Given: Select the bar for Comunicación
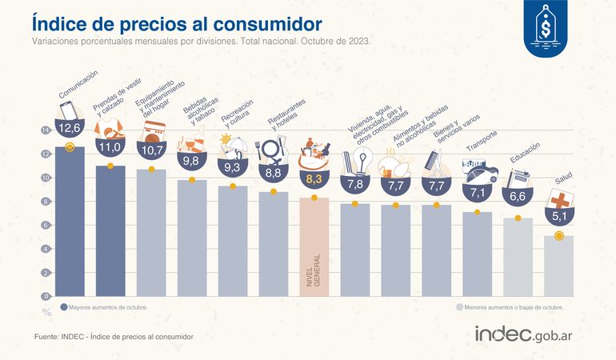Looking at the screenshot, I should pyautogui.click(x=70, y=224).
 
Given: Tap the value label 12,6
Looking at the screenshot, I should pyautogui.click(x=70, y=128).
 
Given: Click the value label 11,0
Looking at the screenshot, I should pyautogui.click(x=110, y=147).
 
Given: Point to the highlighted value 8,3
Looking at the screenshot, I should pyautogui.click(x=314, y=179).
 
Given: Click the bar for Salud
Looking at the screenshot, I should pyautogui.click(x=558, y=266).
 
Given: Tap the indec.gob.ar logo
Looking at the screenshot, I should pyautogui.click(x=528, y=334).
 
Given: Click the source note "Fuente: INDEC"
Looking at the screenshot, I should pyautogui.click(x=114, y=337).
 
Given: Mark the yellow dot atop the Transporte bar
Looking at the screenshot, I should pyautogui.click(x=478, y=212).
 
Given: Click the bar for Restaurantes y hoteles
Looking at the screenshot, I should pyautogui.click(x=274, y=244).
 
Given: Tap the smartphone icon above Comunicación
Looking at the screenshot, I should pyautogui.click(x=67, y=108).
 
